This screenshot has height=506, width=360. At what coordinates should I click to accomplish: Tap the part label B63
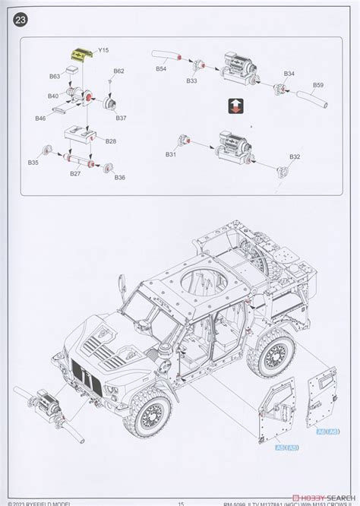[55, 77]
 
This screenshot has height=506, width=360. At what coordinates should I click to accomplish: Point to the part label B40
[53, 96]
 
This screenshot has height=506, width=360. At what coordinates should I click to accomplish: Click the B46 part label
[40, 118]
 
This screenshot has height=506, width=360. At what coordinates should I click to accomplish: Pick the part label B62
[118, 71]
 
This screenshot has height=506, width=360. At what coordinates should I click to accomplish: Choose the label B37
[121, 118]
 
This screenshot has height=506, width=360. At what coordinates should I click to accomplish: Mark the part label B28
[111, 141]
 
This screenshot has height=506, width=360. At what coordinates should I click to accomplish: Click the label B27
[75, 174]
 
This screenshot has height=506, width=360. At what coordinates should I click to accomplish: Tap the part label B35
[33, 163]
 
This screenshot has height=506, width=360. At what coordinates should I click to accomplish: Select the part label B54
[161, 69]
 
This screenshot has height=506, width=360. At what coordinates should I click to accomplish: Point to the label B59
[317, 84]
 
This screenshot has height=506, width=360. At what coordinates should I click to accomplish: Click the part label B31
[170, 154]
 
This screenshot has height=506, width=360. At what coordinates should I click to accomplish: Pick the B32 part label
[295, 157]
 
